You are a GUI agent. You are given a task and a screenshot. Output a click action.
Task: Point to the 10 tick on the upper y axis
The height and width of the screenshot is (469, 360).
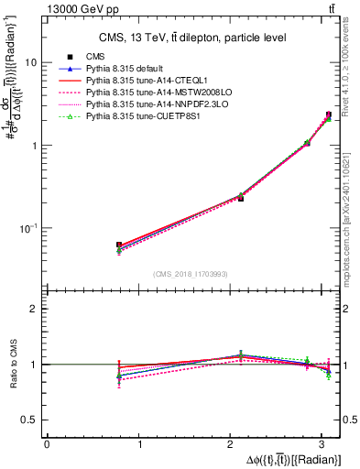coord(31,63)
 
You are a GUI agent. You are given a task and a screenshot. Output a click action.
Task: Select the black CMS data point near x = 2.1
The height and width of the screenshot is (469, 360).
coord(241,198)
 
